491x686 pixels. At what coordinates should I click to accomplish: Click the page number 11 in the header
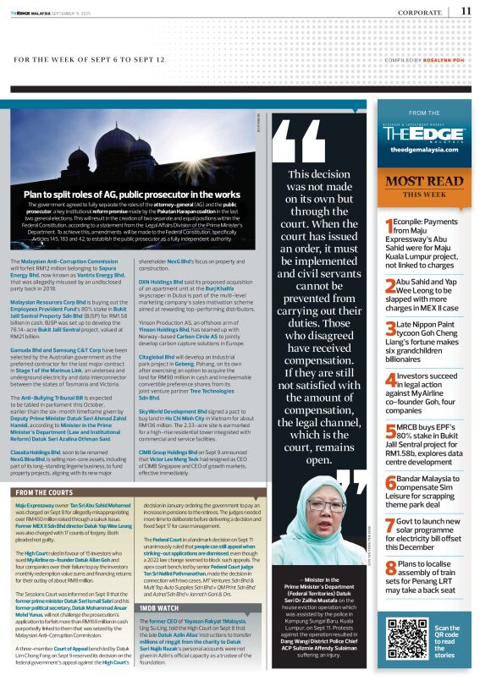466,11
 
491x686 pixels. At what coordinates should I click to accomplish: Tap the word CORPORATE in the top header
420,12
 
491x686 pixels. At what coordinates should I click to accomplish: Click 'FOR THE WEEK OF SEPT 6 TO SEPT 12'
89,60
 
